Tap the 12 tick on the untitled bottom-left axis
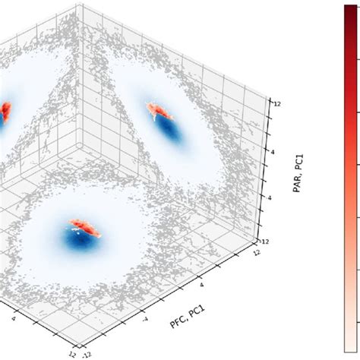coord(71,353)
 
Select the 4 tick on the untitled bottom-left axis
coord(16,319)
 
